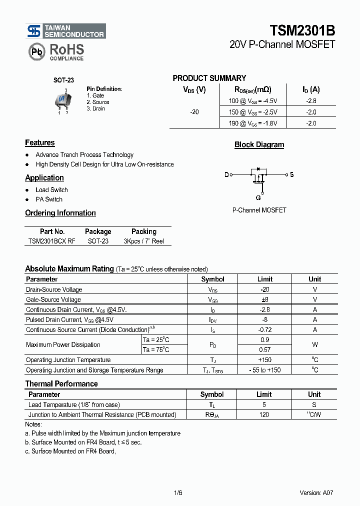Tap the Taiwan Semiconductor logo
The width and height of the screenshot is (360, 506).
click(66, 31)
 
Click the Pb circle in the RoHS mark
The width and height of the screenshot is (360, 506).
click(36, 51)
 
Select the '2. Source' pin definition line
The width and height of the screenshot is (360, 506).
click(98, 102)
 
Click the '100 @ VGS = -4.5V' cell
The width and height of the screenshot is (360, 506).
click(253, 100)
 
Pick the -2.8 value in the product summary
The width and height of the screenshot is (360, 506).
click(311, 100)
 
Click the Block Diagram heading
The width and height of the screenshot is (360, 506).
click(259, 145)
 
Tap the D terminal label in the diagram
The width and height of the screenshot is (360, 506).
click(226, 174)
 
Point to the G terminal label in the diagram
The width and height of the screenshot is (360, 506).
click(258, 197)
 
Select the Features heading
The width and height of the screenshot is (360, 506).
click(40, 143)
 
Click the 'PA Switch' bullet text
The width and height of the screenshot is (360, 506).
click(49, 199)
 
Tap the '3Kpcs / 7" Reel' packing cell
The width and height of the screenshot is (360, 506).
click(144, 241)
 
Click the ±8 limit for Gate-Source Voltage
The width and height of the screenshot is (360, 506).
click(264, 299)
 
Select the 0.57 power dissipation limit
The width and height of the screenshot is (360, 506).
click(264, 350)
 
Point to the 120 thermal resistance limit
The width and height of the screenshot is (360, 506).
click(264, 414)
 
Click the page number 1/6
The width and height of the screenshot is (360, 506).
click(178, 492)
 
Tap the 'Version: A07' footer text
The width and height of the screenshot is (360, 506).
click(316, 492)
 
